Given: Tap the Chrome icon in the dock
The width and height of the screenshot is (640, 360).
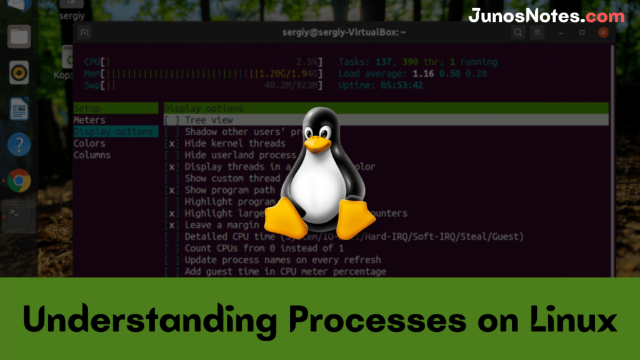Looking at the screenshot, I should [19, 181].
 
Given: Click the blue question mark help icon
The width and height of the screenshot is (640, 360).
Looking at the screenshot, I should [19, 145].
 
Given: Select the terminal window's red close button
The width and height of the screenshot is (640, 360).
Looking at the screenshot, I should [603, 32].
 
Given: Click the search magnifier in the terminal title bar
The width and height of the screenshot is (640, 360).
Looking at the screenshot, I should [518, 32].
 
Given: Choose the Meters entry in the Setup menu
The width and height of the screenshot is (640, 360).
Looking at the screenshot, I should [89, 120].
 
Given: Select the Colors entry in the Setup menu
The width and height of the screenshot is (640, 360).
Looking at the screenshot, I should [89, 143].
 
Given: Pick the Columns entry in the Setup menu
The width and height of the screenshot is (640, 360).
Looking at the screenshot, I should [92, 155].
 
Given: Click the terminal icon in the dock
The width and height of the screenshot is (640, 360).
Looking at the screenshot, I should [19, 214].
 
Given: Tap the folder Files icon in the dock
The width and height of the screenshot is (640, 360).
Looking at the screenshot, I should [19, 36].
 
